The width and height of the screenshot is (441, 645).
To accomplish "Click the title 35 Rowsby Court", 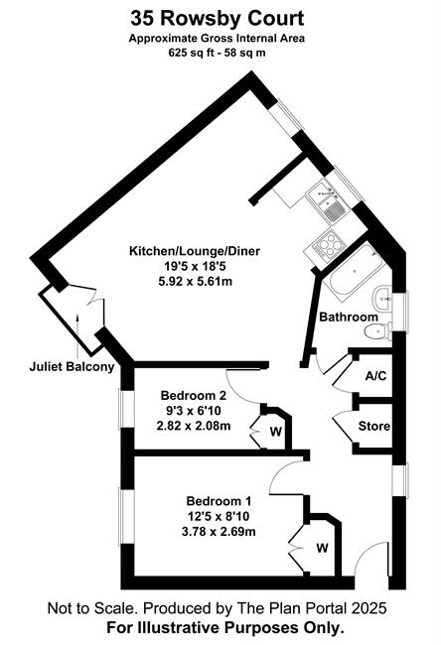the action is (x=218, y=19).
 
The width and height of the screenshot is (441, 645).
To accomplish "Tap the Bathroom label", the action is (x=349, y=318).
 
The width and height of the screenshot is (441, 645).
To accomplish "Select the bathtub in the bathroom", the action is (x=354, y=270).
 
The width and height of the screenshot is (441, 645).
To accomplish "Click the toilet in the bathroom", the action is (x=378, y=331).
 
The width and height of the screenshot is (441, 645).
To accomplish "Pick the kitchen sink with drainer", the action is (x=328, y=202).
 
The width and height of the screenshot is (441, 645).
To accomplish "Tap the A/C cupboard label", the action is (x=375, y=376).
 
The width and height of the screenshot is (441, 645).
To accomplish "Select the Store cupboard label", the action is (x=373, y=426).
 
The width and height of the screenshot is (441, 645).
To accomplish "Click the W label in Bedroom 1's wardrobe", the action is (x=323, y=548).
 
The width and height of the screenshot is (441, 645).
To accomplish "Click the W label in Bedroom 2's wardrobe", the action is (x=276, y=432).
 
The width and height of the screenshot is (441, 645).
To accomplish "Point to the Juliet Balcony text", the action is (x=72, y=367).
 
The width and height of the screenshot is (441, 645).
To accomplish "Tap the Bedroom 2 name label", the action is (x=193, y=396).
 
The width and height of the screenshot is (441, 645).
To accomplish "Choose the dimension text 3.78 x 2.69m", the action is (x=219, y=532).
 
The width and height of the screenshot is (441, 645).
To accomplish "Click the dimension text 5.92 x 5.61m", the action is (x=196, y=282).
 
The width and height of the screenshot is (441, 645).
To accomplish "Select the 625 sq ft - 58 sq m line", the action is (x=217, y=53).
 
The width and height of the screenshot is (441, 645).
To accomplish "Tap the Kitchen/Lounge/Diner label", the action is (x=195, y=251).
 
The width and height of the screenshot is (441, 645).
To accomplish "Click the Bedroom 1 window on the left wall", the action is (x=122, y=516).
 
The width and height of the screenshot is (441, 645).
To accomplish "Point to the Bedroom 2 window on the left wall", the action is (x=122, y=409).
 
